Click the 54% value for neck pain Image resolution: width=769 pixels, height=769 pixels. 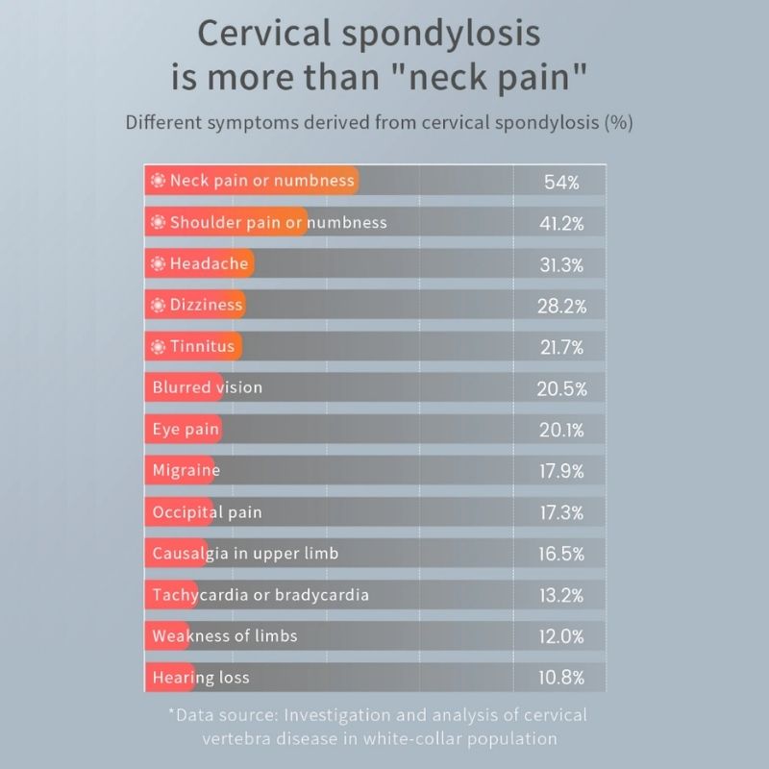pyautogui.click(x=561, y=182)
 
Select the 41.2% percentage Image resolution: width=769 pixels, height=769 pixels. pyautogui.click(x=561, y=223)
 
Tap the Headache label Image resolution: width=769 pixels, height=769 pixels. pyautogui.click(x=210, y=263)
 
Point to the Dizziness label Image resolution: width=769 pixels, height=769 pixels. pyautogui.click(x=207, y=305)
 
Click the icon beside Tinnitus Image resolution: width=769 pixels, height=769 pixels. pyautogui.click(x=159, y=346)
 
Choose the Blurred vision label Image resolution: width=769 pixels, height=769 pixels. pyautogui.click(x=207, y=387)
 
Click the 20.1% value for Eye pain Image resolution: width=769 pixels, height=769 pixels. pyautogui.click(x=561, y=430)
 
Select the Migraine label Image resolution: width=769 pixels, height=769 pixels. pyautogui.click(x=186, y=471)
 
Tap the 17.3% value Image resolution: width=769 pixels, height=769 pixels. pyautogui.click(x=561, y=512)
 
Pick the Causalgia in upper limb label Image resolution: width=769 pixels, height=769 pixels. pyautogui.click(x=245, y=554)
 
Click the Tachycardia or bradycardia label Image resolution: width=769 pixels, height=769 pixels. pyautogui.click(x=260, y=595)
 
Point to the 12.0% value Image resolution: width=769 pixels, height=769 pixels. pyautogui.click(x=561, y=636)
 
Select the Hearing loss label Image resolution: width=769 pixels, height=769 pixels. pyautogui.click(x=201, y=678)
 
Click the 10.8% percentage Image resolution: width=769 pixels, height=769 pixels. pyautogui.click(x=561, y=678)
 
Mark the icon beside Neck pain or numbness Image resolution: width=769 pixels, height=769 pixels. pyautogui.click(x=159, y=181)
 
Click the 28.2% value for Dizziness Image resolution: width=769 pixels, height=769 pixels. pyautogui.click(x=561, y=306)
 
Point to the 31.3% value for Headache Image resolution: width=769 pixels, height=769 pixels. pyautogui.click(x=561, y=264)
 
